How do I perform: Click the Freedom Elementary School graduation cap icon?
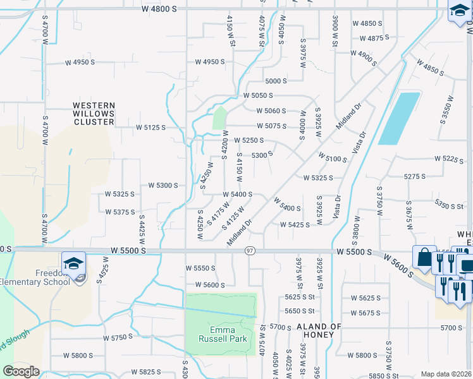pos(74,262)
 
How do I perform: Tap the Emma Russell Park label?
pos(222,335)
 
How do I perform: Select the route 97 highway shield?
pos(250,251)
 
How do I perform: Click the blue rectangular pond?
pos(399,118)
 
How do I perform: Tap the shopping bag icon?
pos(422,257)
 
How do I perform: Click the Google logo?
pos(21,371)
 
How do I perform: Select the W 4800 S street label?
pos(159,9)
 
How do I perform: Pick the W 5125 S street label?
pos(150,128)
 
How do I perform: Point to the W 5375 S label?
pos(121,212)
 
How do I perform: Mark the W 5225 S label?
pos(449,160)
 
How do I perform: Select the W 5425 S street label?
pos(295,224)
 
